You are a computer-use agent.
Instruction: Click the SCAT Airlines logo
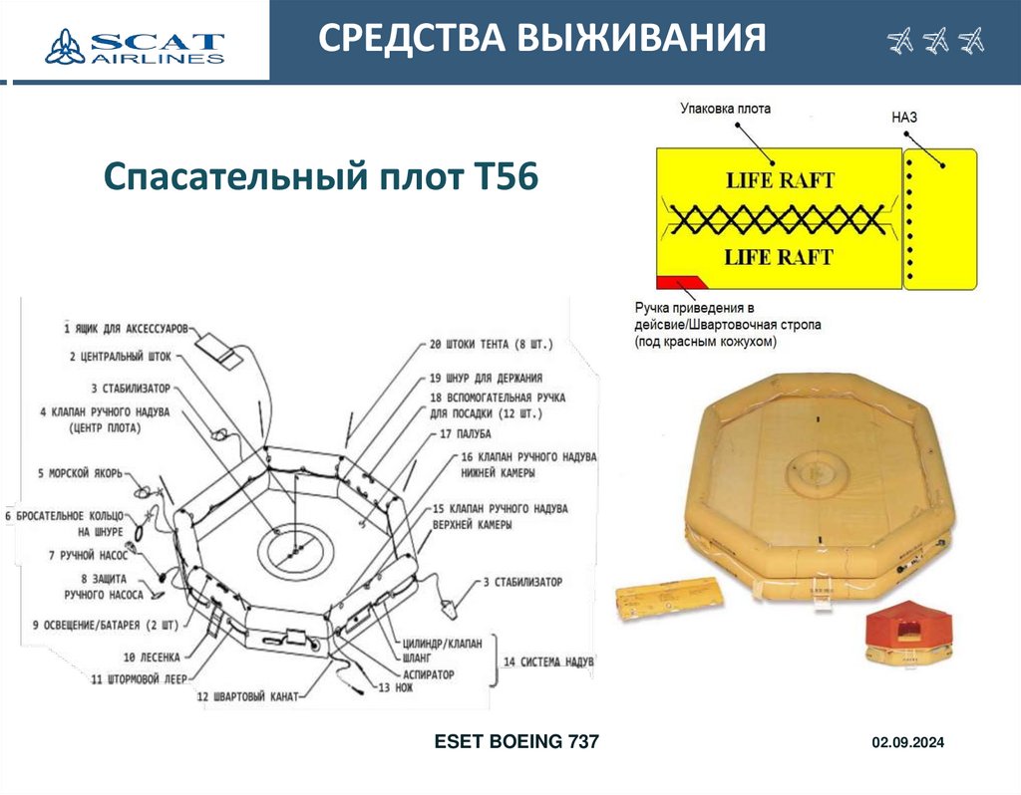point(135,44)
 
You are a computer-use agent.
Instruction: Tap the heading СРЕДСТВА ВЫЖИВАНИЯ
point(542,40)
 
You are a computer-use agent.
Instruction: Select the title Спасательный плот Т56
point(320,177)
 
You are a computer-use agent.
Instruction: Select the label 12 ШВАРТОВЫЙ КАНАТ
point(247,696)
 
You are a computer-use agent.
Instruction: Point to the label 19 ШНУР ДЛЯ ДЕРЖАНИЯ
point(486,379)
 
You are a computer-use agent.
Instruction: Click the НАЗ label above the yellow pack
point(903,117)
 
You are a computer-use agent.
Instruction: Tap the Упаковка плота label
point(725,108)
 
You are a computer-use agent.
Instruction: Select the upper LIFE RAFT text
point(779,181)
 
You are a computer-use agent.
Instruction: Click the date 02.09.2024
point(907,743)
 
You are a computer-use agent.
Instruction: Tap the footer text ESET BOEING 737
point(516,741)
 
